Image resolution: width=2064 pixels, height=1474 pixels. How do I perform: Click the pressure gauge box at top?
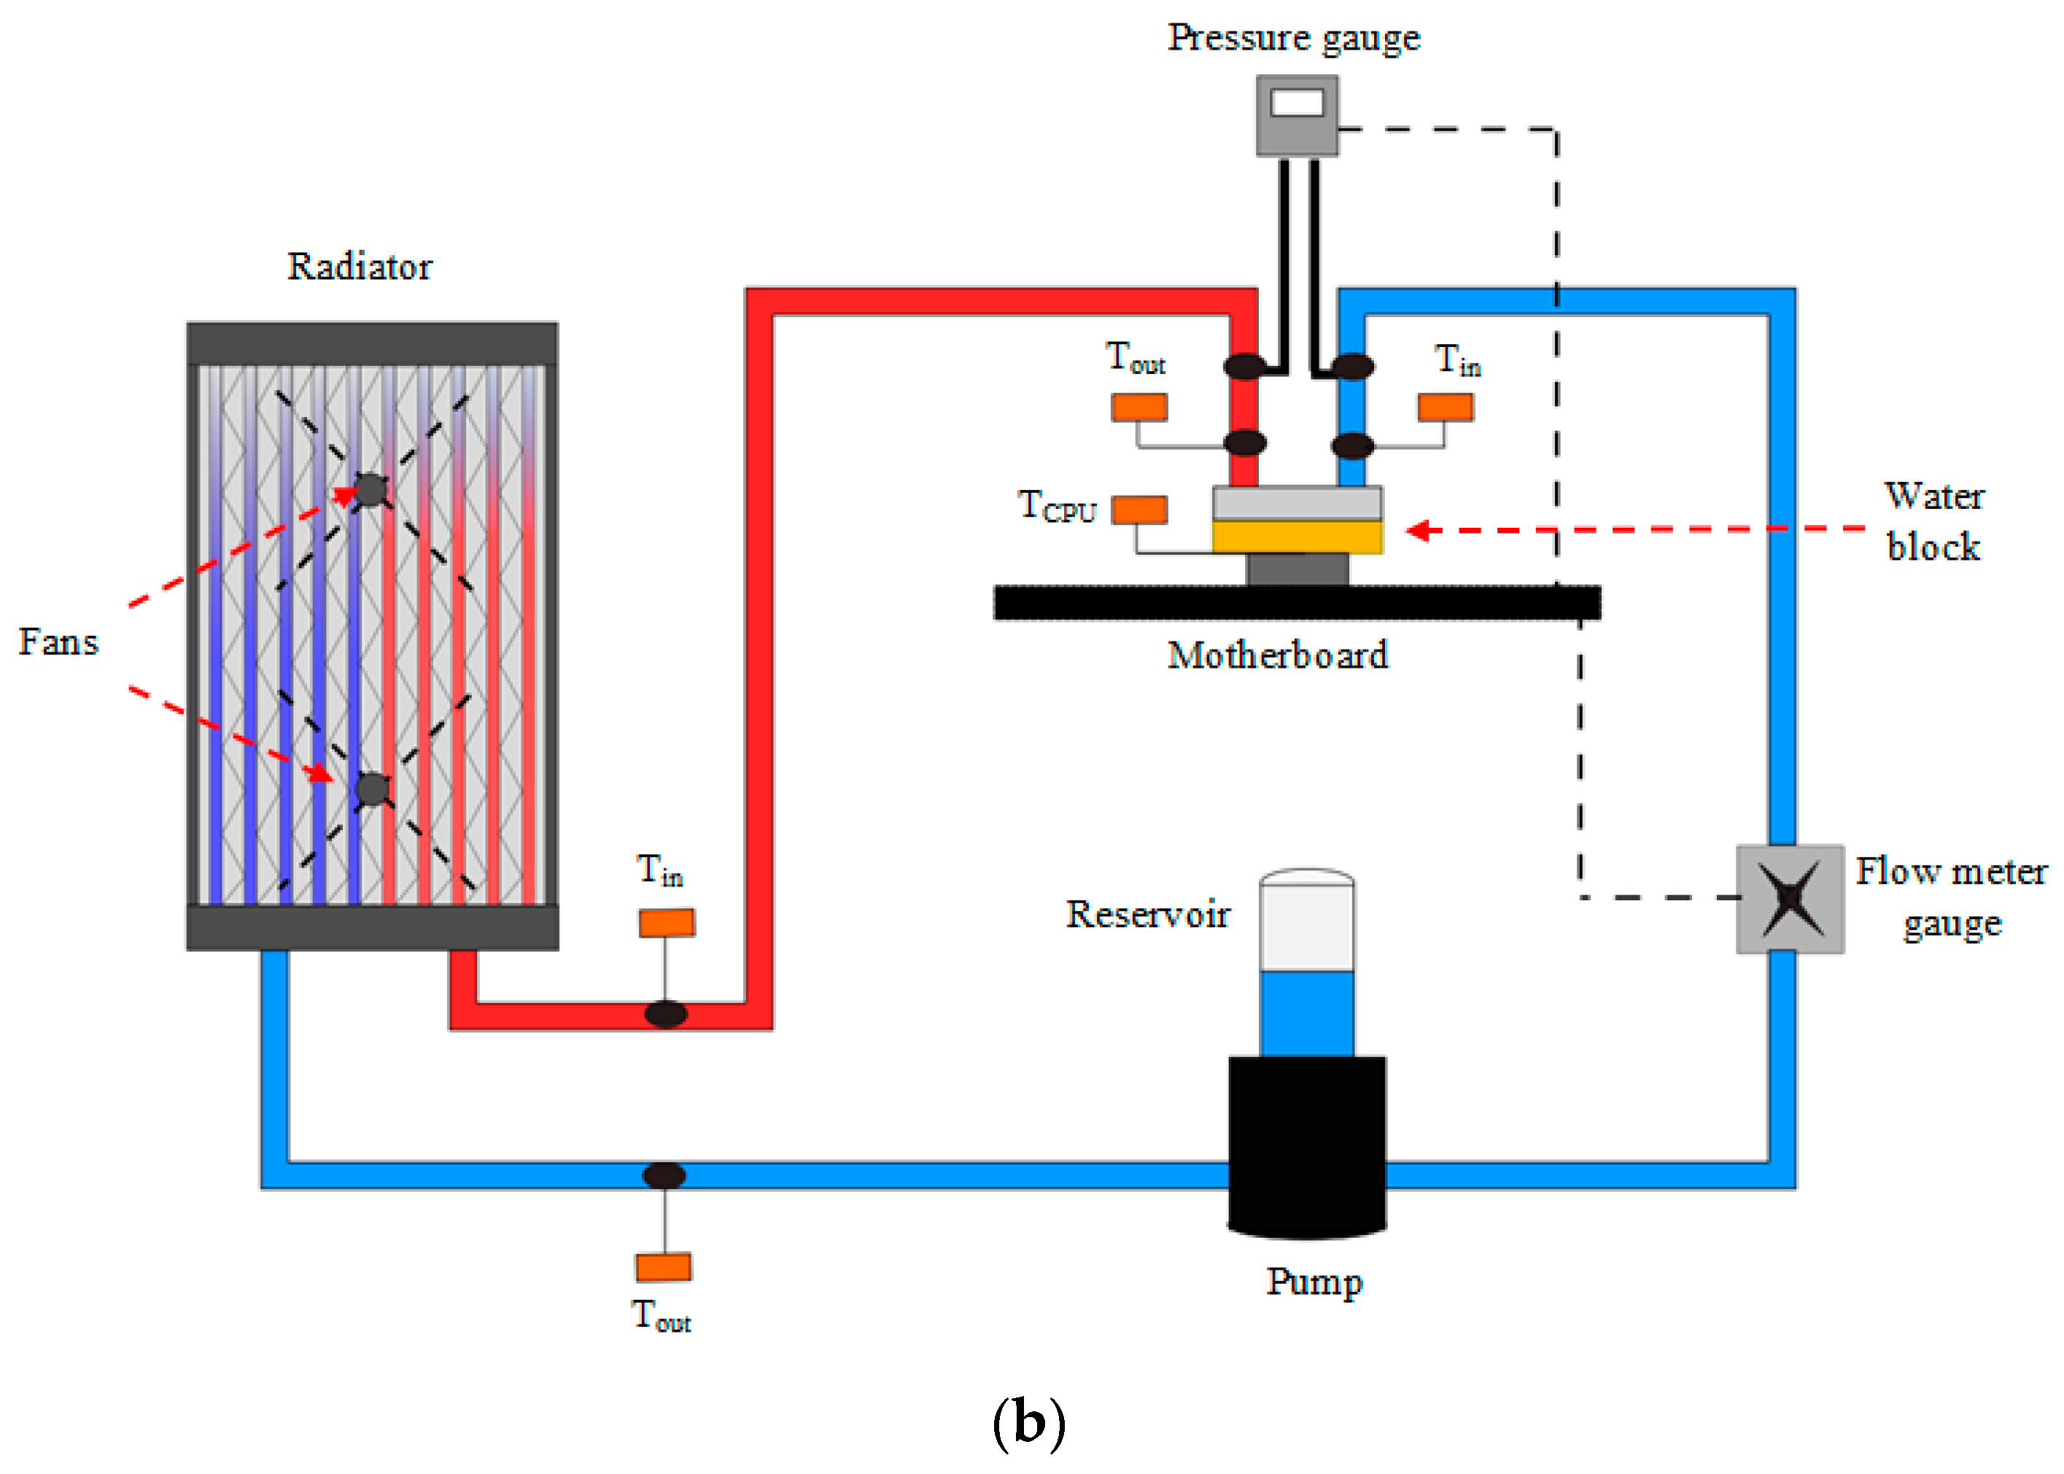click(x=1296, y=115)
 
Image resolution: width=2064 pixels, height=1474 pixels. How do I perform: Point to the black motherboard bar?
click(x=1296, y=603)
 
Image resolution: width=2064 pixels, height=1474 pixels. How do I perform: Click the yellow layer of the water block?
click(x=1296, y=537)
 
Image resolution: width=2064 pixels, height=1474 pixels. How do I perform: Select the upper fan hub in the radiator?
click(x=370, y=489)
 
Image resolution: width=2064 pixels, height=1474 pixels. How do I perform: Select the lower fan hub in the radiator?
click(x=372, y=788)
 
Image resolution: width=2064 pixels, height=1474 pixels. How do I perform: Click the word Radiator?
click(x=360, y=267)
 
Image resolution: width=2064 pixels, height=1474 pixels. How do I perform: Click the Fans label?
click(x=58, y=642)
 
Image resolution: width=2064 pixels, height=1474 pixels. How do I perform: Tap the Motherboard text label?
click(x=1277, y=655)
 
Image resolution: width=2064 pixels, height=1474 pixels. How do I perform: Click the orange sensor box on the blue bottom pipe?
click(x=663, y=1266)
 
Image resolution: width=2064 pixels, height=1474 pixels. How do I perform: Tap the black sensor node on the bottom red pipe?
click(x=666, y=1013)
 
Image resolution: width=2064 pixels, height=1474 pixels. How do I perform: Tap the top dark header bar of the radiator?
click(x=372, y=343)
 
